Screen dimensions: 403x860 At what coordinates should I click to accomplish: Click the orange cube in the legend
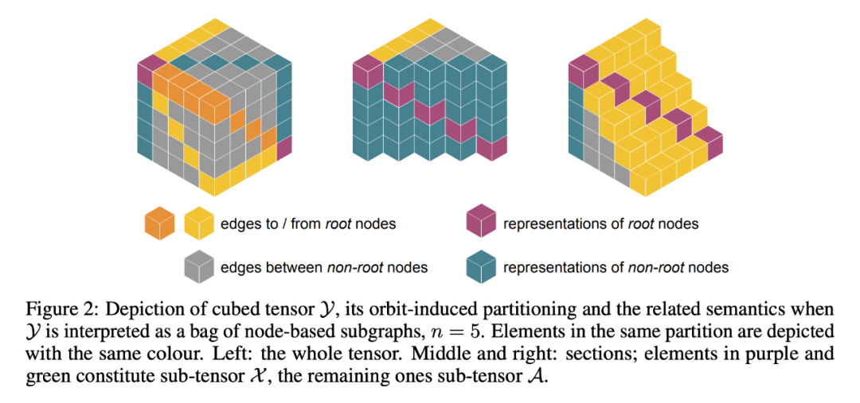click(x=159, y=223)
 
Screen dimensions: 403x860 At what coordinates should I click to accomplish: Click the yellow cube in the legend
click(x=199, y=223)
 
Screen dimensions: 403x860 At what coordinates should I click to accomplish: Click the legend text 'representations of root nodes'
click(x=600, y=224)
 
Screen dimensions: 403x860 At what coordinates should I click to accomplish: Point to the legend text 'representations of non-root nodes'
click(x=616, y=267)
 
